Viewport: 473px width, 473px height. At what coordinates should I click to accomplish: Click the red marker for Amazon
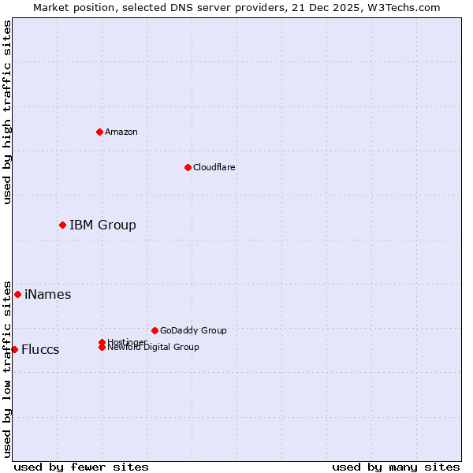coord(99,132)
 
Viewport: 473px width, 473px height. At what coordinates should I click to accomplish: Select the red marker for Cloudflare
coord(188,167)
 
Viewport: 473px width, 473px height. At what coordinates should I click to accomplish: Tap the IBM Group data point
coord(62,225)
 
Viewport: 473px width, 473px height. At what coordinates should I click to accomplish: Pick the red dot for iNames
coord(17,295)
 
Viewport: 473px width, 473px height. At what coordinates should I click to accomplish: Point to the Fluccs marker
coord(14,349)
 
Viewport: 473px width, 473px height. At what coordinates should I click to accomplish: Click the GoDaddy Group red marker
coord(155,330)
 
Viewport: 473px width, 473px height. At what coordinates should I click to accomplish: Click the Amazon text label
coord(121,132)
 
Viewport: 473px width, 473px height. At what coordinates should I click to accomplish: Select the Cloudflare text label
coord(214,167)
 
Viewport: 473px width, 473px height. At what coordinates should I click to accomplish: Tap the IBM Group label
coord(102,225)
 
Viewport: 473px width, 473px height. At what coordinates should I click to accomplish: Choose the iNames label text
coord(48,295)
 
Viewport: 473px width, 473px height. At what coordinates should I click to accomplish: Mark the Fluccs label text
coord(40,349)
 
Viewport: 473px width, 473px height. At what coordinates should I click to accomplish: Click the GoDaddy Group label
coord(193,330)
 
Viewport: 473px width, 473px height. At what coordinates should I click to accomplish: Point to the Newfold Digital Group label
coord(153,348)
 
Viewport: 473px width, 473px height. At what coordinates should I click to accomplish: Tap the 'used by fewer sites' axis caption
coord(81,467)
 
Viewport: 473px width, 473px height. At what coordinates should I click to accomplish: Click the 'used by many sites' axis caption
coord(396,467)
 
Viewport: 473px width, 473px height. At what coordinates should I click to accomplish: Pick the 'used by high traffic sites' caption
coord(7,112)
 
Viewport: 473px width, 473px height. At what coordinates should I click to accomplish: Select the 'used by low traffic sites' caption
coord(7,369)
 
